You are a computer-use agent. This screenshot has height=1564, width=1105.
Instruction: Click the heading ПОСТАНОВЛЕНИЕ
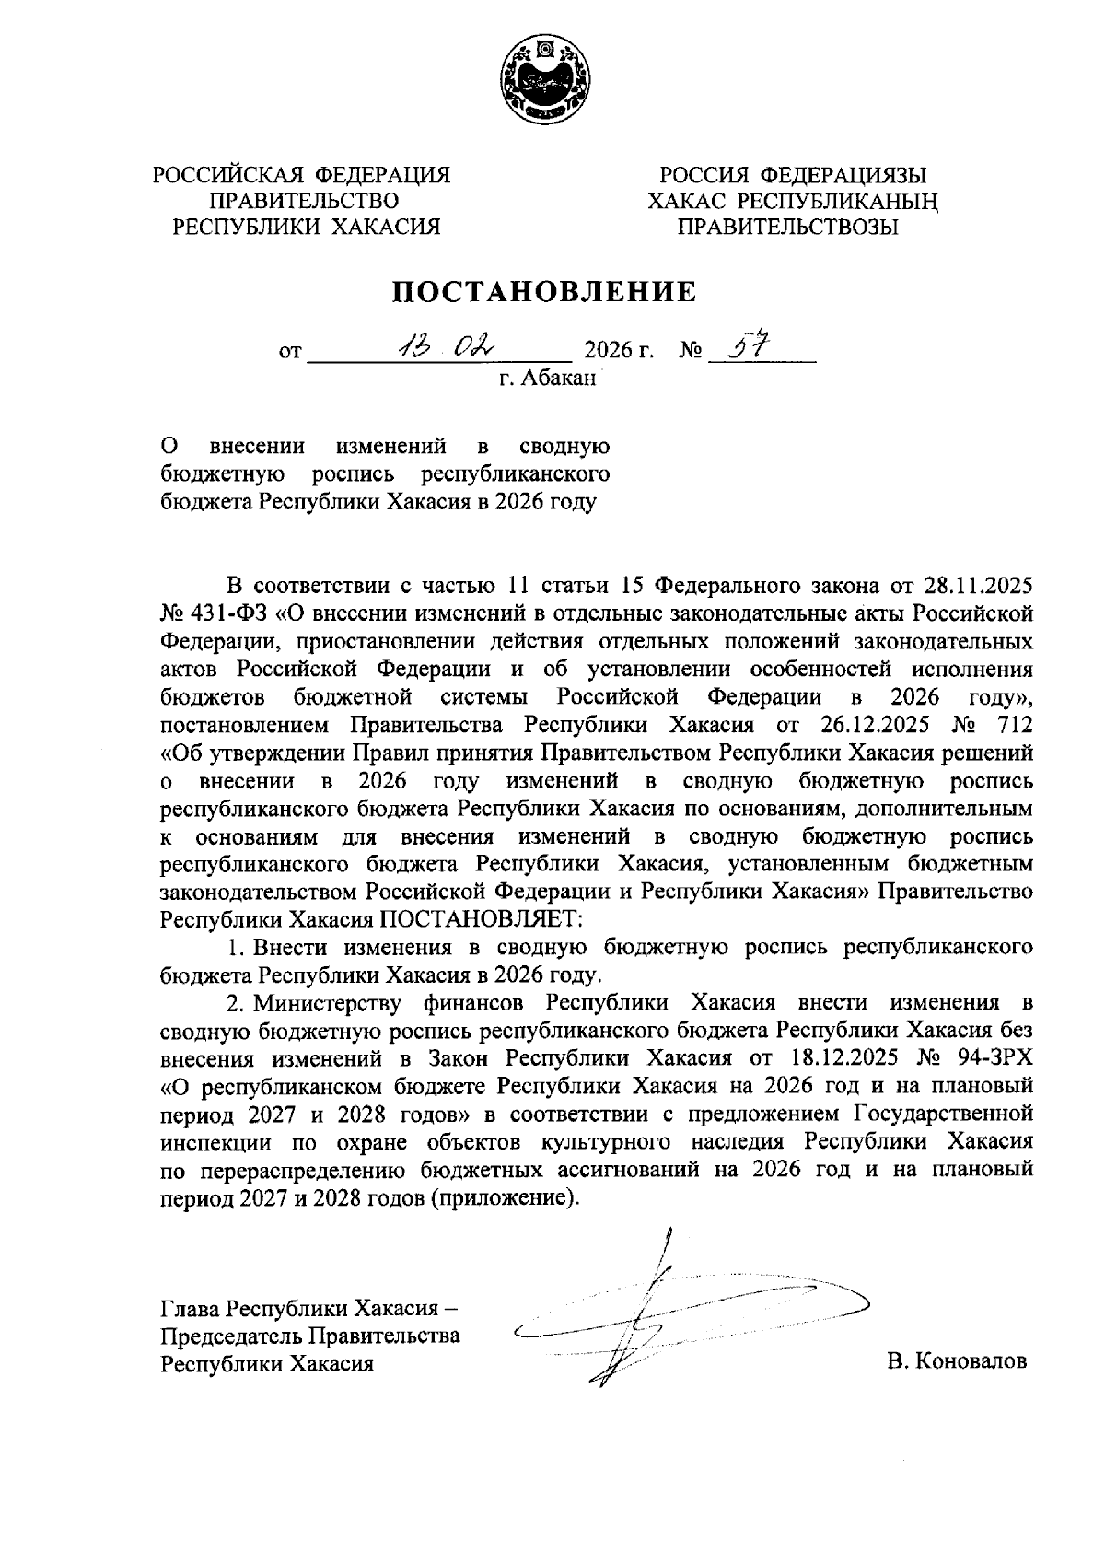click(545, 292)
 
